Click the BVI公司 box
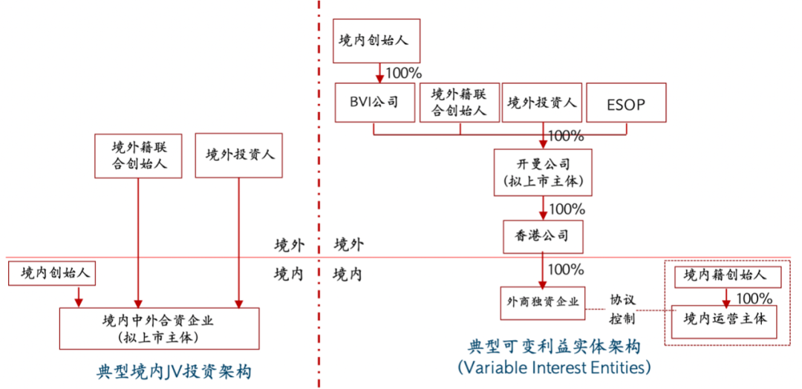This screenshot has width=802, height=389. click(x=374, y=103)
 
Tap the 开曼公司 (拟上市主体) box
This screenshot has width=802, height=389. click(x=543, y=171)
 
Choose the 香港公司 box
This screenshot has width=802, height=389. click(x=543, y=236)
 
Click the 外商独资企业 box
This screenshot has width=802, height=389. click(x=543, y=302)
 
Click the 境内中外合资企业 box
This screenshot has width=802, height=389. click(x=159, y=327)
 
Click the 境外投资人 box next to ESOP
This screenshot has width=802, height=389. click(x=542, y=103)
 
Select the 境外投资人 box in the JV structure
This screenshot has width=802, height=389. click(x=239, y=155)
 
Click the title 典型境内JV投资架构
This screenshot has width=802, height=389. click(x=174, y=370)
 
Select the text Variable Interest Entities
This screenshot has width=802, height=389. click(x=554, y=367)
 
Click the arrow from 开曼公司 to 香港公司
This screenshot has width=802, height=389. click(x=543, y=207)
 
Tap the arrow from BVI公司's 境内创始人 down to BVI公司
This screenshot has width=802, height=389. click(x=379, y=73)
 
